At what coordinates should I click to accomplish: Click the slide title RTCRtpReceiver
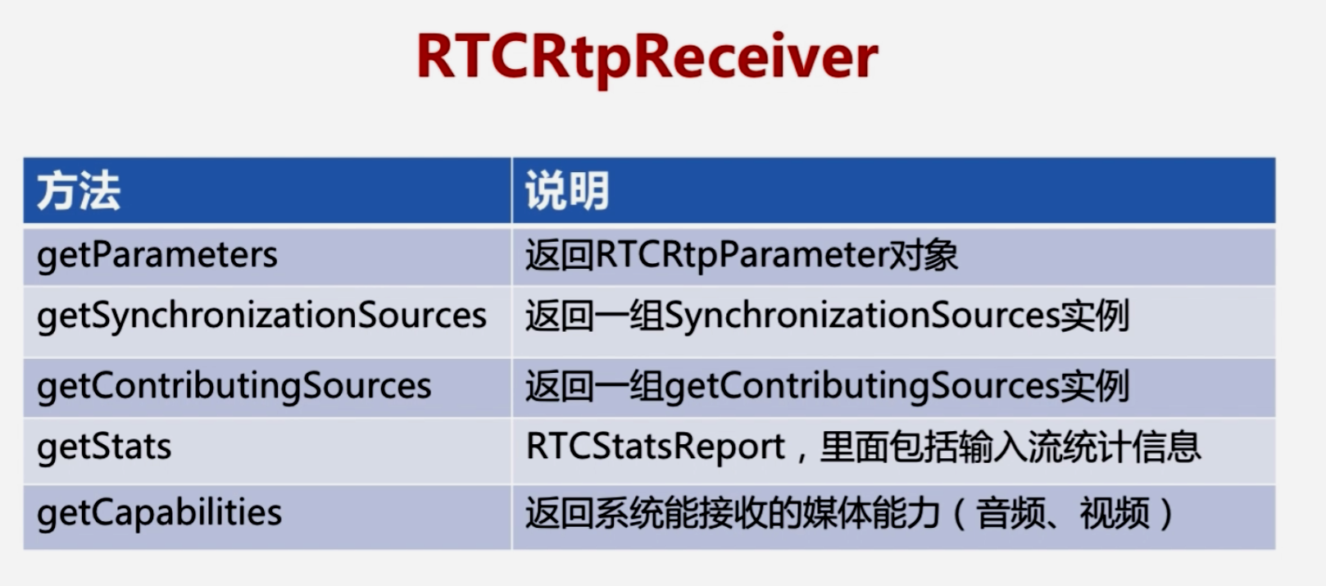click(x=647, y=58)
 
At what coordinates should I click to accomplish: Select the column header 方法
click(x=79, y=191)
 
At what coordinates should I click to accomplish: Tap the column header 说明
click(x=567, y=191)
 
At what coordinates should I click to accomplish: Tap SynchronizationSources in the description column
click(x=862, y=316)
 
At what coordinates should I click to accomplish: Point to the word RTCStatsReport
click(x=656, y=447)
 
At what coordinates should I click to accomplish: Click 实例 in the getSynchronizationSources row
click(x=1095, y=316)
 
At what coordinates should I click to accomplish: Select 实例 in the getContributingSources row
click(x=1095, y=387)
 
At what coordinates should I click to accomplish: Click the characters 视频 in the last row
click(x=1115, y=513)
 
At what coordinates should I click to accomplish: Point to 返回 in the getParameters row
click(x=560, y=256)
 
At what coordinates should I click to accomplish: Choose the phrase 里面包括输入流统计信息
click(x=1010, y=447)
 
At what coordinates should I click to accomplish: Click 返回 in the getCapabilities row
click(x=560, y=513)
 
